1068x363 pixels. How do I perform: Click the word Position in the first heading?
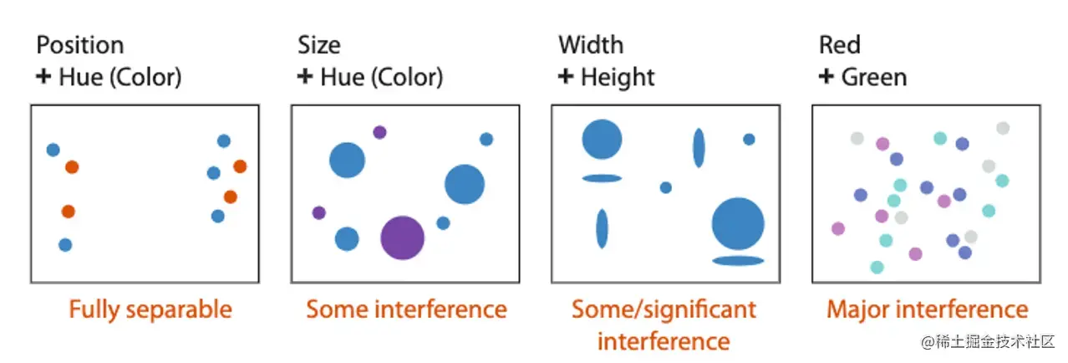[x=80, y=44]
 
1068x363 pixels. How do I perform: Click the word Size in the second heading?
[x=319, y=44]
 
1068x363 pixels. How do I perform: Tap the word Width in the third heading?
[x=591, y=44]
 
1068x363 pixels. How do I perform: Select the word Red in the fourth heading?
[x=839, y=44]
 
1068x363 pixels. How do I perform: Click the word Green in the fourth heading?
[x=873, y=78]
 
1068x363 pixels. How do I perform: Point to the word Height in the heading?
[x=618, y=78]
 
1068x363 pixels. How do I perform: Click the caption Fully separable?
[x=150, y=310]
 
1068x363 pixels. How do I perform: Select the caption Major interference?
[x=927, y=310]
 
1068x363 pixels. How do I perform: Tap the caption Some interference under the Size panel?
[x=406, y=310]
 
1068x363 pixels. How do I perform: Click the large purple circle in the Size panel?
[x=403, y=238]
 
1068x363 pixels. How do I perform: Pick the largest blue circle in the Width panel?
[x=739, y=224]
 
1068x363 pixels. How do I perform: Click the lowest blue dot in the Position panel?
[x=65, y=245]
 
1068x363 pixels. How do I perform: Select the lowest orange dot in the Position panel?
[x=68, y=212]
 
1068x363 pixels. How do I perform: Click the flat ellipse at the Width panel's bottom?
[x=739, y=261]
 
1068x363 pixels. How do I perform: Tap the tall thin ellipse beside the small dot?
[x=699, y=148]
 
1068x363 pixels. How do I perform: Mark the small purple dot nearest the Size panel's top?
[x=379, y=132]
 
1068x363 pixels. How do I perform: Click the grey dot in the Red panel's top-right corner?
[x=1003, y=128]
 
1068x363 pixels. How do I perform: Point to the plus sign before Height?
[x=566, y=78]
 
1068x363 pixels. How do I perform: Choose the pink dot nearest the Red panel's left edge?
[x=838, y=228]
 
